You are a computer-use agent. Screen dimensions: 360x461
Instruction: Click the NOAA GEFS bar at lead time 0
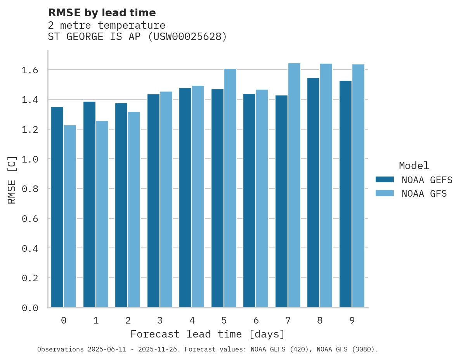click(57, 207)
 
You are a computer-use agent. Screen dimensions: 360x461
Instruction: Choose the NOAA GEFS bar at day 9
click(345, 194)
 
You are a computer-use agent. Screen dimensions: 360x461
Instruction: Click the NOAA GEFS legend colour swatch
click(385, 180)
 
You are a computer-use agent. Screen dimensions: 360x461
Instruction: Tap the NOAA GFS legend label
click(424, 194)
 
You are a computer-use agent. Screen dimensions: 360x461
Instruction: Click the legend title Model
click(414, 166)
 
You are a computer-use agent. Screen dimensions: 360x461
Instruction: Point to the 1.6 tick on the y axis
click(30, 70)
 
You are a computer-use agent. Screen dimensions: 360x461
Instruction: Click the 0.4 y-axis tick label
click(30, 248)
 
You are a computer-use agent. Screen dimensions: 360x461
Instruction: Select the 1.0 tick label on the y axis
click(30, 159)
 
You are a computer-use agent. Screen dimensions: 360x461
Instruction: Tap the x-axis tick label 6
click(256, 320)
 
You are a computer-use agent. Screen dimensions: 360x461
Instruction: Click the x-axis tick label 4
click(192, 320)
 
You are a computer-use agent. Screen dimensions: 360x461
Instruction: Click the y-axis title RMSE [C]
click(12, 180)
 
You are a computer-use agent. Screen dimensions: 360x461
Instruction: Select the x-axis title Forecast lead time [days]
click(208, 334)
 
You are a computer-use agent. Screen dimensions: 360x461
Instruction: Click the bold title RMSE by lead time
click(102, 13)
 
